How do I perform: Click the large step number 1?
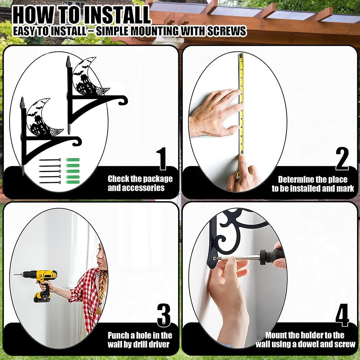(x=162, y=159)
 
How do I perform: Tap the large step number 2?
(x=342, y=159)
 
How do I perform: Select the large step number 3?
(x=164, y=315)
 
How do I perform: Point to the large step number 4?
(x=342, y=315)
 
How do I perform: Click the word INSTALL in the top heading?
(x=116, y=15)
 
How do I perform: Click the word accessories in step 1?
(x=136, y=188)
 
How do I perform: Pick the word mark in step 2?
(x=345, y=189)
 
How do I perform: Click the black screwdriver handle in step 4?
(x=271, y=256)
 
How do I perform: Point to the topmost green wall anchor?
(x=73, y=160)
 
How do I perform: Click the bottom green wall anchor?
(x=73, y=182)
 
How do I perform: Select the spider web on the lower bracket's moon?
(x=56, y=132)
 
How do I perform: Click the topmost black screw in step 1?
(x=50, y=160)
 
